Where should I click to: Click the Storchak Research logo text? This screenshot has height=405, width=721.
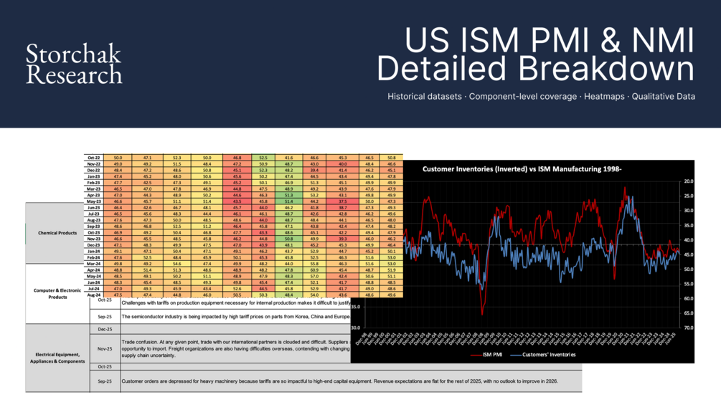[x=73, y=64]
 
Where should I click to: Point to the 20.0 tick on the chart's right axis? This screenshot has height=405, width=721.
[x=688, y=181]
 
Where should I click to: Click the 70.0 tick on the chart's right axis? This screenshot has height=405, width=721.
[x=688, y=328]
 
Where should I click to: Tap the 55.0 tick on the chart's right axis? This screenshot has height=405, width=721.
[x=688, y=284]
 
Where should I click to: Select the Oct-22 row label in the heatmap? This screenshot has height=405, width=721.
[x=93, y=157]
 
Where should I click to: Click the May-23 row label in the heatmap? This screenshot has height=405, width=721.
[x=93, y=202]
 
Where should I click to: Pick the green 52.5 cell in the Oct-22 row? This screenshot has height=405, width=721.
[x=263, y=157]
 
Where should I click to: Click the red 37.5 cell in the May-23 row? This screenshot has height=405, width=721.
[x=343, y=202]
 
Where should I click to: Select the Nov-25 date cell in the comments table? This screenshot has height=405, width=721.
[x=105, y=349]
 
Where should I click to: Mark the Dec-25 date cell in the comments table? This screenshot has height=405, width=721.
[x=105, y=329]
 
